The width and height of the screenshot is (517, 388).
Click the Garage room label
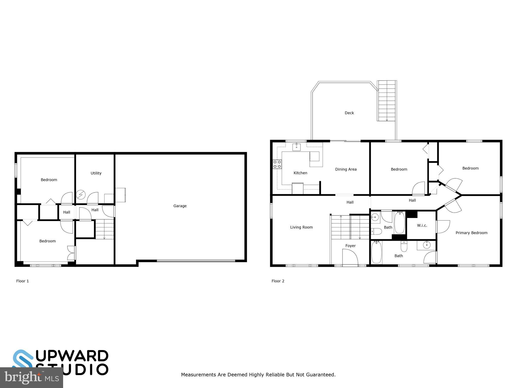(x=180, y=206)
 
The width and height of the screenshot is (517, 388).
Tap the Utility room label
(x=96, y=173)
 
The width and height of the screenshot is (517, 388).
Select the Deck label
(x=349, y=113)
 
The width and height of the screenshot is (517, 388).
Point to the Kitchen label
(x=300, y=173)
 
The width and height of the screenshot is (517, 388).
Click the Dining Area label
(x=346, y=169)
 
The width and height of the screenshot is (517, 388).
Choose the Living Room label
(x=301, y=227)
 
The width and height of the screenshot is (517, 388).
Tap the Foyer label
(x=350, y=246)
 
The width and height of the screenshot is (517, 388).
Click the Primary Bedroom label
(x=471, y=233)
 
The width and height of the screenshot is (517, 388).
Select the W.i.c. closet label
(x=422, y=225)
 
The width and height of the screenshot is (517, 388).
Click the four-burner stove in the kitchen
(x=277, y=164)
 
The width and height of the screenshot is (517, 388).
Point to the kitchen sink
(x=296, y=147)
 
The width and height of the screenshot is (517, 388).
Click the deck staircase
(x=386, y=101)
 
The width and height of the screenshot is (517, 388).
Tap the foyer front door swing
(x=350, y=257)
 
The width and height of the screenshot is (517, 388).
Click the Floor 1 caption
(x=22, y=281)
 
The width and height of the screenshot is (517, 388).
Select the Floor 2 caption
(x=278, y=281)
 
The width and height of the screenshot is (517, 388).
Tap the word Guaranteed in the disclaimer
(x=321, y=375)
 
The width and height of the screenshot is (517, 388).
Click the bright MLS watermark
(x=31, y=378)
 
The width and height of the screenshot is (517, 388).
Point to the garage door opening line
(x=196, y=261)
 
